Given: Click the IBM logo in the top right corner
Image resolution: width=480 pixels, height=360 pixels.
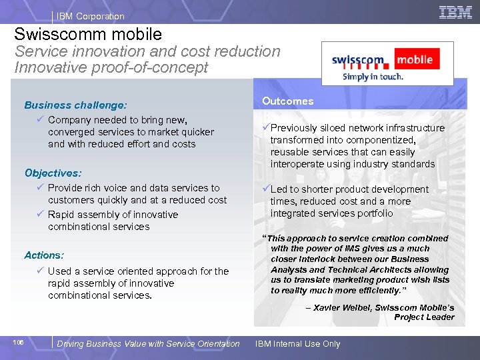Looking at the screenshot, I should (455, 12).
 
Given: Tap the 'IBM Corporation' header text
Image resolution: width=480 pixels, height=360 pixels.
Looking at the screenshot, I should (90, 16).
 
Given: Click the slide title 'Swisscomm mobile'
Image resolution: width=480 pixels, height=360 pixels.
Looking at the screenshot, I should (88, 34).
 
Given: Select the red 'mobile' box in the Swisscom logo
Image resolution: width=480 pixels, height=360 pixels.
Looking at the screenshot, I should (415, 60).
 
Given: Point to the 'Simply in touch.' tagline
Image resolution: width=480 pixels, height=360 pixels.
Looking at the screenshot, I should (373, 77).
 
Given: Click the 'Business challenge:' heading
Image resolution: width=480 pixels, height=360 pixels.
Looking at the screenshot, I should (75, 105).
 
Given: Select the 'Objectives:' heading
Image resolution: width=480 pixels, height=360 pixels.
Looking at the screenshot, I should (53, 173).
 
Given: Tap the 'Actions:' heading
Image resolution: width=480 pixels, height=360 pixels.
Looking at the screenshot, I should (44, 255).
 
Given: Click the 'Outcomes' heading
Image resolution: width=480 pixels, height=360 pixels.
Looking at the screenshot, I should (287, 101).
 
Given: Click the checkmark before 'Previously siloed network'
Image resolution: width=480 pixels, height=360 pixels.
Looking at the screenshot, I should (266, 128).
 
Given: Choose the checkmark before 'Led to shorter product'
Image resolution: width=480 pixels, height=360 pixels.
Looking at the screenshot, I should (266, 189).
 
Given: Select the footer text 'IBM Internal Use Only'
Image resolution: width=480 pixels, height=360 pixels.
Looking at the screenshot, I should (297, 344).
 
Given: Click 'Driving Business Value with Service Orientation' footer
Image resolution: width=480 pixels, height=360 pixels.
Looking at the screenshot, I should (148, 344).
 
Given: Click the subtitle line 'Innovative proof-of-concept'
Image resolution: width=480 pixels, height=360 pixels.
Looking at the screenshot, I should (111, 67).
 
